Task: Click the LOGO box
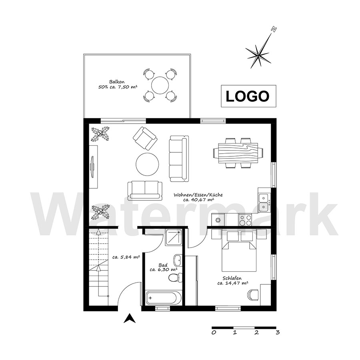click(x=248, y=96)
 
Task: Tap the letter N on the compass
click(x=274, y=29)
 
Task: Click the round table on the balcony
click(x=160, y=85)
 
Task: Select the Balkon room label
click(x=117, y=82)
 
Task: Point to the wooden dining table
click(x=238, y=153)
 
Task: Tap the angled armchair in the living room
click(x=145, y=138)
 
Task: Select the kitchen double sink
click(x=264, y=202)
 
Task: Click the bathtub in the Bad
click(x=162, y=298)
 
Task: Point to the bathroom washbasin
click(x=178, y=260)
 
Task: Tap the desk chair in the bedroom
click(x=253, y=294)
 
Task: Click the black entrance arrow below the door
click(x=130, y=318)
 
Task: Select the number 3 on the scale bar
click(x=278, y=332)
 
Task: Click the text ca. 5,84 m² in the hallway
click(x=126, y=257)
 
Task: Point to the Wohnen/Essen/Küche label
click(x=198, y=195)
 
